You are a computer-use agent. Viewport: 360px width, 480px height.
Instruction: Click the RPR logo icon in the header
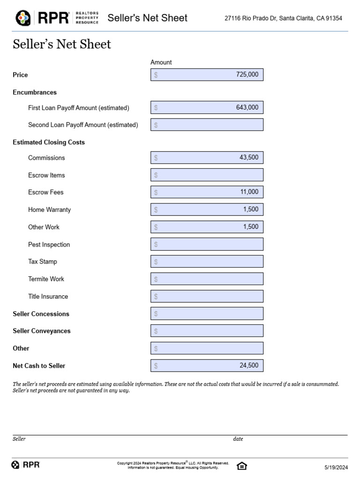coord(23,18)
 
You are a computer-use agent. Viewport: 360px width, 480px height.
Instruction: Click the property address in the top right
coord(283,18)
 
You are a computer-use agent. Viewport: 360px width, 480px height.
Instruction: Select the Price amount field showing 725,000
coord(207,75)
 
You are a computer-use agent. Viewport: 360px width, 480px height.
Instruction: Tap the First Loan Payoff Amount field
coord(207,107)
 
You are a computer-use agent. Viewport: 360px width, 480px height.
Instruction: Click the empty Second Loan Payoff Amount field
coord(207,125)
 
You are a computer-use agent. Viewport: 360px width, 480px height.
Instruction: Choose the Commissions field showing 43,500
coord(207,157)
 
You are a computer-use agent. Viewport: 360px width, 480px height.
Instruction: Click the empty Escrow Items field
coord(207,175)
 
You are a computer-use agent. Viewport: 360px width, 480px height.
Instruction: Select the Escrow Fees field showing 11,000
coord(207,192)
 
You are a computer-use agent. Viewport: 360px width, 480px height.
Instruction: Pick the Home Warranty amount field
coord(207,210)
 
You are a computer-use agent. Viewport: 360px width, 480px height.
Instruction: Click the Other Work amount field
coord(207,227)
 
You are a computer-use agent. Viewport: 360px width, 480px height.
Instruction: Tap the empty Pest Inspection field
coord(207,244)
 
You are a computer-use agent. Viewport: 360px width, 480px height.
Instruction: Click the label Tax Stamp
coord(43,262)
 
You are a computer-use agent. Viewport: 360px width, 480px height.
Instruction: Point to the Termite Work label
coord(46,279)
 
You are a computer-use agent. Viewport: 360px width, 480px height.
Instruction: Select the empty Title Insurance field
coord(207,296)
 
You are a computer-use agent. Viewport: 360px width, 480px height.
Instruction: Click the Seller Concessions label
coord(41,314)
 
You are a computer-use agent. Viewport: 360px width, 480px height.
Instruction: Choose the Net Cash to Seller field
coord(207,366)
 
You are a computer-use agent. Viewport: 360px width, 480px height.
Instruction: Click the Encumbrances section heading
coord(35,92)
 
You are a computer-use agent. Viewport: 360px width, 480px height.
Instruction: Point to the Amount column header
coord(161,62)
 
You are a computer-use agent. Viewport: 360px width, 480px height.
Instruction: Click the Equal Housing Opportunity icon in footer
coord(241,465)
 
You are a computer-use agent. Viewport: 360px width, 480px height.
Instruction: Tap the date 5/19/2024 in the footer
coord(336,467)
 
